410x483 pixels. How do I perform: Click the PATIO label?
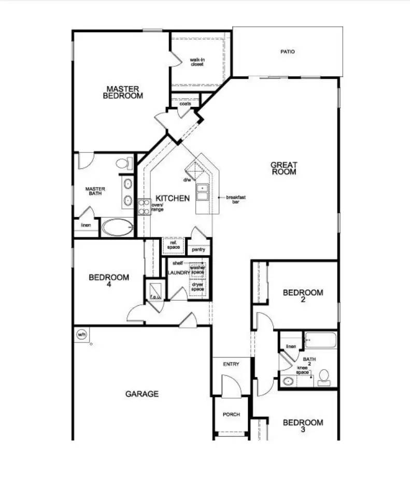(x=287, y=51)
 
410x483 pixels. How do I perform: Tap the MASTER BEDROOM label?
(x=123, y=92)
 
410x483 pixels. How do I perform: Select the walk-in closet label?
(x=196, y=62)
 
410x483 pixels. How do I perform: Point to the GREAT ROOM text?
(x=284, y=168)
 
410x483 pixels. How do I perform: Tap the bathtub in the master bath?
(x=117, y=227)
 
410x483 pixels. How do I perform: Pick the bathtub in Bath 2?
(x=320, y=340)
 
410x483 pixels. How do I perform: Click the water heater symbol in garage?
(x=81, y=334)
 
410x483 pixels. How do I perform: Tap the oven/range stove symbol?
(x=144, y=207)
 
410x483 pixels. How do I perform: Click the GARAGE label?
(x=142, y=394)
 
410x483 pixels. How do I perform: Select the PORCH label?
(x=231, y=415)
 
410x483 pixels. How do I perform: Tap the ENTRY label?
(x=231, y=364)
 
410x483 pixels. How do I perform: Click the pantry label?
(x=199, y=249)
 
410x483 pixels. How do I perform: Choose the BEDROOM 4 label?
(x=109, y=280)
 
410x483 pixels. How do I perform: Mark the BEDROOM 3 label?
(x=303, y=425)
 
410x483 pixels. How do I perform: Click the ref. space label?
(x=174, y=245)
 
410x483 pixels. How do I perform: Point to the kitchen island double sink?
(x=202, y=192)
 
